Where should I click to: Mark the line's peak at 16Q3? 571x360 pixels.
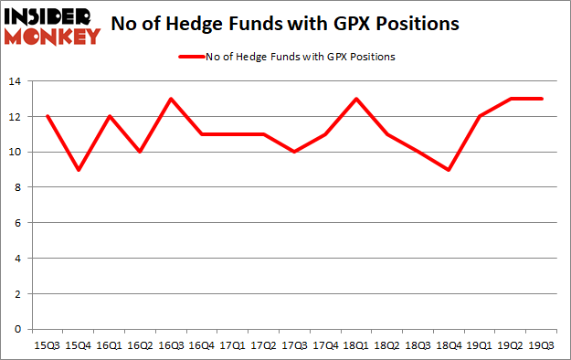pos(170,100)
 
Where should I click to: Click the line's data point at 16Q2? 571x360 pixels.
pos(139,153)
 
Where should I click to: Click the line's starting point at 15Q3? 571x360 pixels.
pos(46,117)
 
